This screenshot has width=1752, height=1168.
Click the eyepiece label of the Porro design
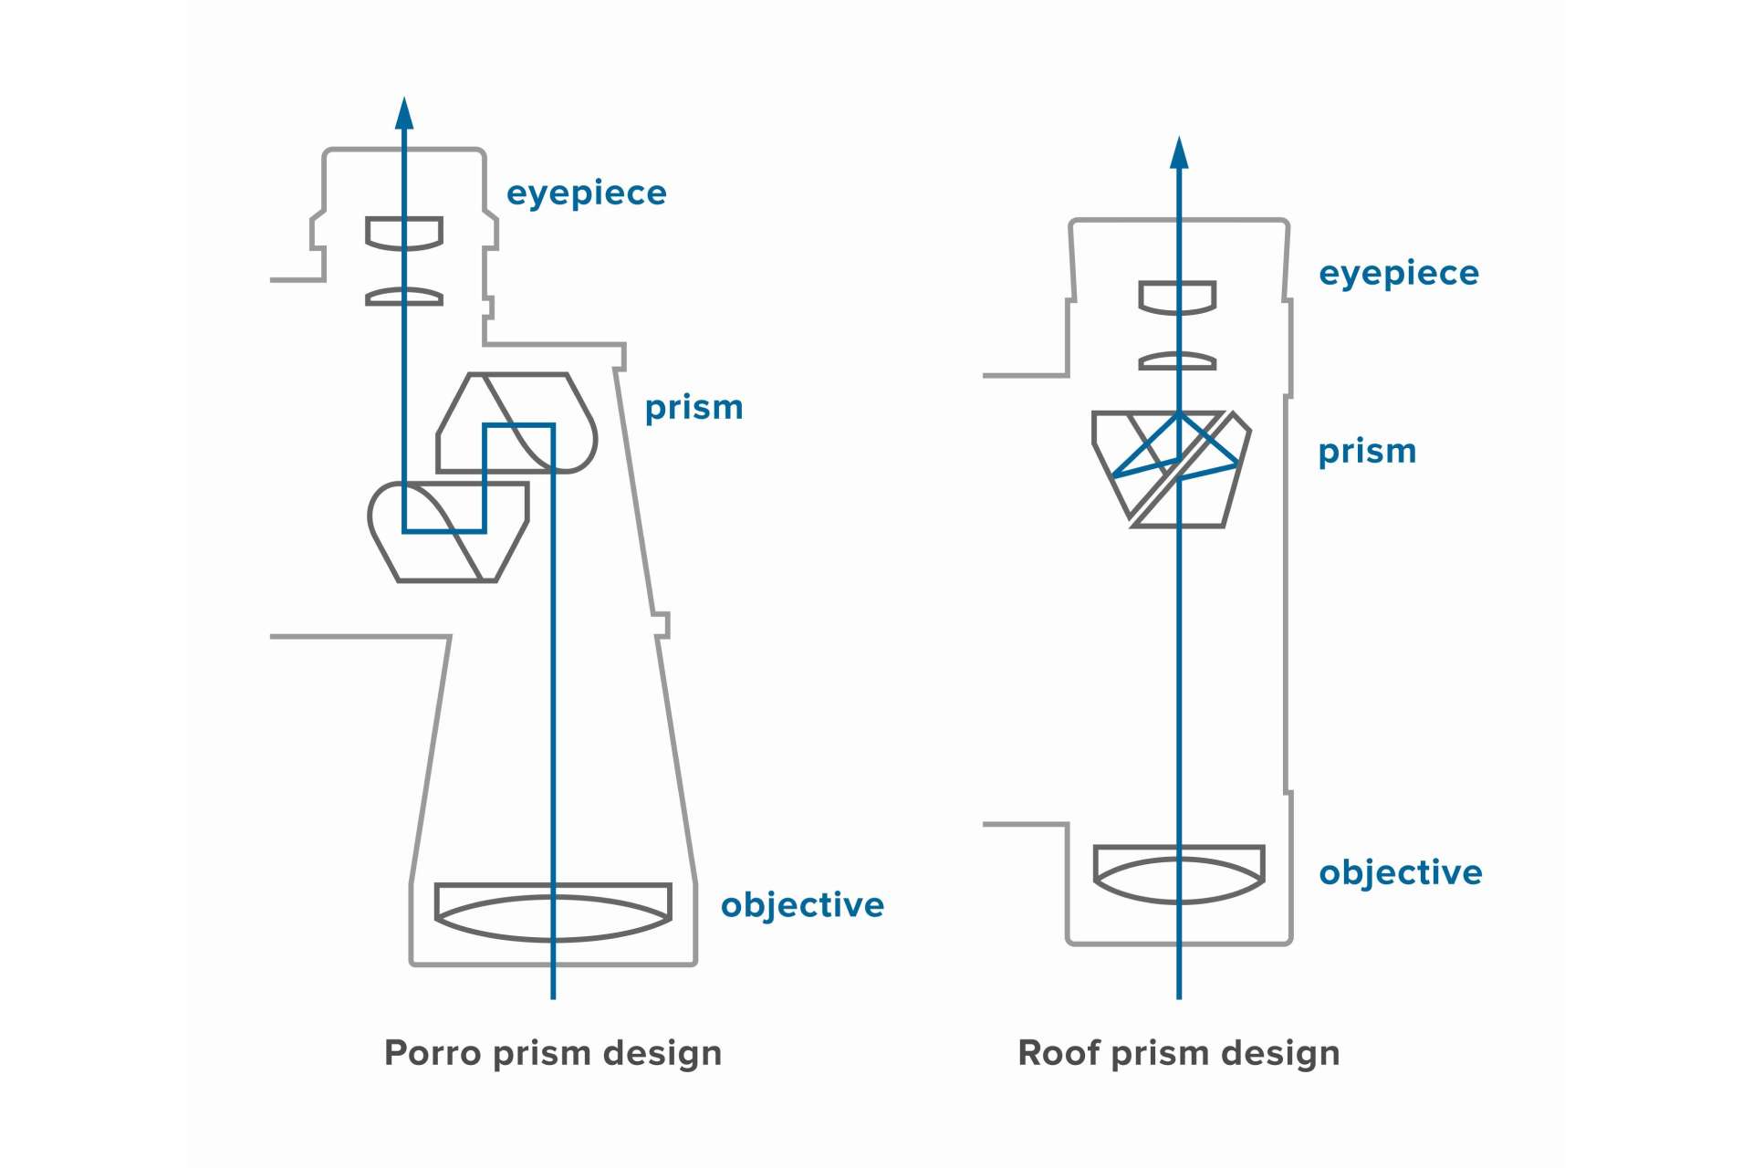[586, 193]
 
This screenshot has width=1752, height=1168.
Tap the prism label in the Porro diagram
[693, 408]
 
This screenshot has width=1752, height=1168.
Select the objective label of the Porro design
[802, 905]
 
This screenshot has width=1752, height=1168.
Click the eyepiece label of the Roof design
[1399, 274]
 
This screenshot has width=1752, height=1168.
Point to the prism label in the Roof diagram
[1367, 452]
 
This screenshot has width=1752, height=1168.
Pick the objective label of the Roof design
[1401, 872]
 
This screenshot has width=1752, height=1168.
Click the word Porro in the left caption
[432, 1053]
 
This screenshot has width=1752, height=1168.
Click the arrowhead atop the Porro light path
[404, 113]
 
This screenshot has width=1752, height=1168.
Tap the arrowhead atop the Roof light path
[1179, 153]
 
